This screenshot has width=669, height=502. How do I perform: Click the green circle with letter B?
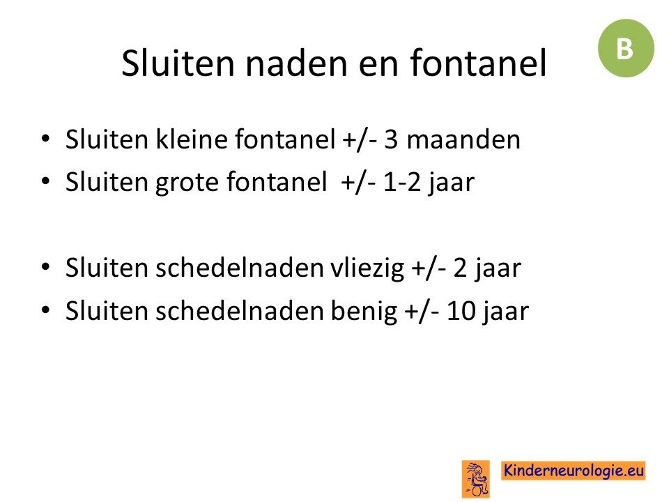tap(626, 48)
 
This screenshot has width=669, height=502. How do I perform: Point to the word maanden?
tap(463, 139)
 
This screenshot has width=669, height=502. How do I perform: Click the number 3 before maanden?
tap(391, 139)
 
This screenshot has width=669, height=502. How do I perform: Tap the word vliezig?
tap(367, 268)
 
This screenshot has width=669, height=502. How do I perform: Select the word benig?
tap(364, 310)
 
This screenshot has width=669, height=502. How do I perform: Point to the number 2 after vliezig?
tap(460, 268)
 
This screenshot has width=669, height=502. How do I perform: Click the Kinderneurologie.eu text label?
tap(574, 471)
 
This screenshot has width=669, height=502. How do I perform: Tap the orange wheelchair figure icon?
tap(476, 479)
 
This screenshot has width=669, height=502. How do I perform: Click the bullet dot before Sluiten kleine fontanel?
tap(45, 139)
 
